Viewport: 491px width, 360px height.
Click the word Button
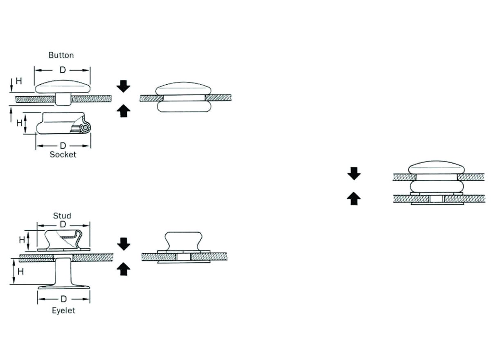[x=61, y=55]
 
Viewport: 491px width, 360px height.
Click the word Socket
[x=63, y=155]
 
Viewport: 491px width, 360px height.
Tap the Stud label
[x=62, y=216]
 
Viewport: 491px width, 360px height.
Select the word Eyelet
[x=63, y=310]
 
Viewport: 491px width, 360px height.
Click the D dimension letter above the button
[x=63, y=70]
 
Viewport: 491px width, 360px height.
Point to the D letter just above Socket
[x=63, y=146]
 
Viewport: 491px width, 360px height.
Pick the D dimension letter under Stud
[x=63, y=224]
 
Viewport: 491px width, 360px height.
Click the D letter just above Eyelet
[x=63, y=299]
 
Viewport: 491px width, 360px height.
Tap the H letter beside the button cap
[x=19, y=81]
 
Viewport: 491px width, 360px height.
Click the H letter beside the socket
[x=19, y=123]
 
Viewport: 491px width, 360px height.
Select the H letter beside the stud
[x=22, y=240]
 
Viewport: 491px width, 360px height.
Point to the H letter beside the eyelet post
[x=20, y=272]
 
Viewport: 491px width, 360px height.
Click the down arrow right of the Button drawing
[x=124, y=86]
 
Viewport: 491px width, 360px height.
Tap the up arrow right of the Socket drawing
[x=124, y=111]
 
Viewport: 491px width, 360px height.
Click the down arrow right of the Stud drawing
[x=124, y=244]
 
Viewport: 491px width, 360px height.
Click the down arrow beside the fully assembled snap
[x=354, y=173]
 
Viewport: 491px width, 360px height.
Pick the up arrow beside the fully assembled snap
[x=354, y=198]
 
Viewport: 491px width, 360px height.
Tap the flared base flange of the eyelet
[x=63, y=287]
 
